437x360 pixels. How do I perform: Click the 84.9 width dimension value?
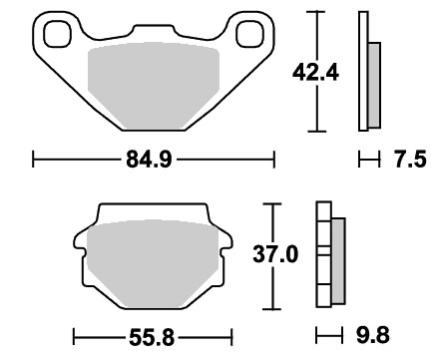coord(149,160)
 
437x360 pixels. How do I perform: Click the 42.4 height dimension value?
coord(315,73)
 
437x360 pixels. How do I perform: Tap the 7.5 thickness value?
coord(410,160)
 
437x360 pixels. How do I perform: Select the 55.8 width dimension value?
coord(152,338)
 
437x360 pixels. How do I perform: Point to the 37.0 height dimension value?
coord(275,255)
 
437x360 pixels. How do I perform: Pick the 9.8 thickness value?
coord(373,335)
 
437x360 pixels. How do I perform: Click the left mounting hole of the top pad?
coord(58,34)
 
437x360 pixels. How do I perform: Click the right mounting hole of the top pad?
coord(249,33)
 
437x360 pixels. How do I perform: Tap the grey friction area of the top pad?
coord(154,85)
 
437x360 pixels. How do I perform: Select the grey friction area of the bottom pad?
coord(153,263)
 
